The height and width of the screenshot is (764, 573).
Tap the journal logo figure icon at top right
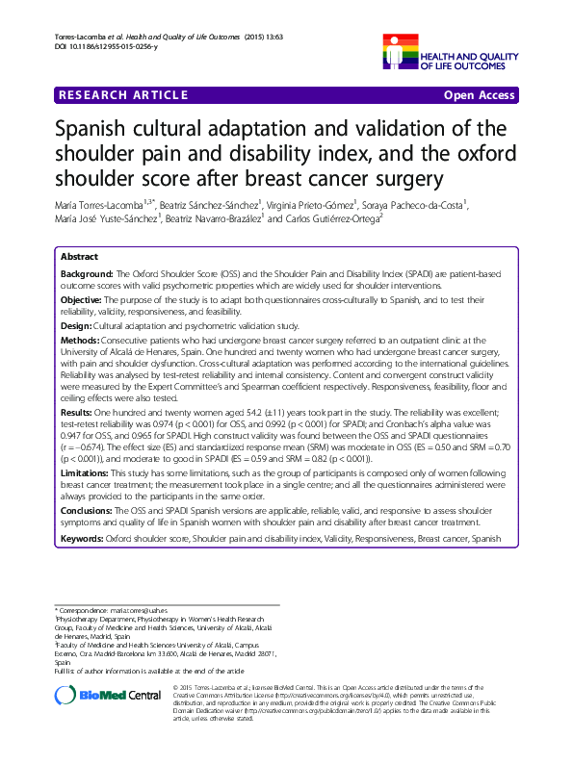(401, 50)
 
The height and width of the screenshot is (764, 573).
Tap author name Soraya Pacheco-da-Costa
(415, 205)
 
